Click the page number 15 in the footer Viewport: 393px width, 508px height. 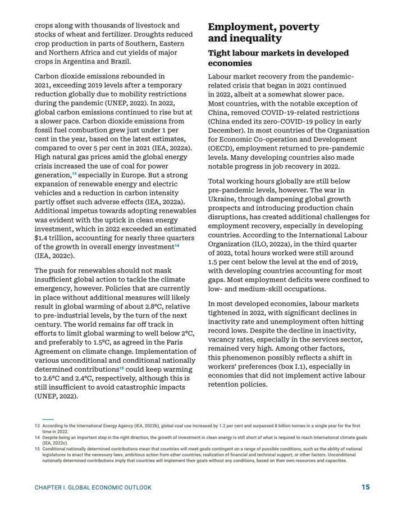pyautogui.click(x=365, y=487)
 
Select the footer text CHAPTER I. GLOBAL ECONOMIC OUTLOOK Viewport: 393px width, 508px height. pyautogui.click(x=93, y=488)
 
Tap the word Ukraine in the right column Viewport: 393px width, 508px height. pyautogui.click(x=224, y=199)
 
